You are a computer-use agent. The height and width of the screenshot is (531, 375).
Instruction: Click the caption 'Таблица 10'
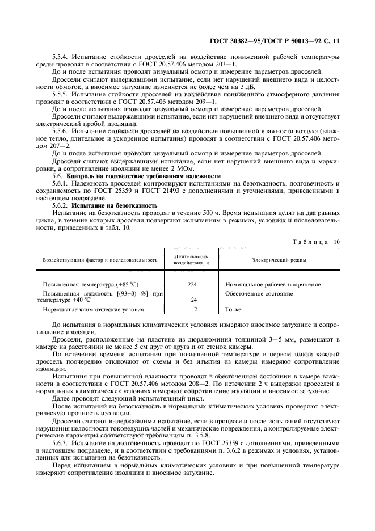(316, 242)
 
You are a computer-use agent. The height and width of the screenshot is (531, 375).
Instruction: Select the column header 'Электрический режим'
(279, 260)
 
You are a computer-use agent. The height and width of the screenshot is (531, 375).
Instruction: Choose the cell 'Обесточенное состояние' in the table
(259, 294)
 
